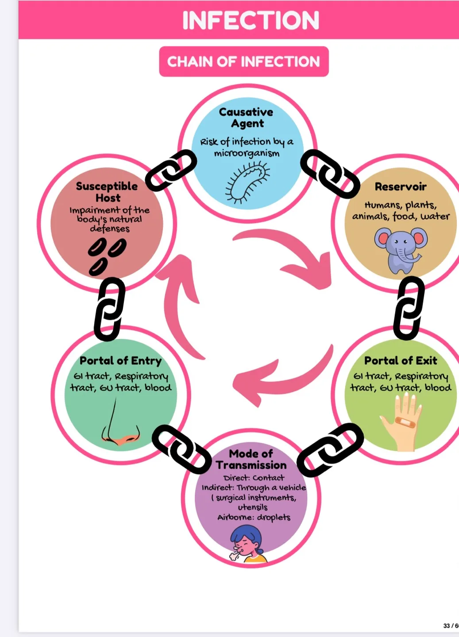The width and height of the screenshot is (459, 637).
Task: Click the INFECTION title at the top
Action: (x=251, y=20)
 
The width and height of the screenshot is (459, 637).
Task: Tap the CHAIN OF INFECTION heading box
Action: (x=243, y=61)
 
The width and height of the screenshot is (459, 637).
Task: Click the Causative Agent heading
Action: (x=247, y=118)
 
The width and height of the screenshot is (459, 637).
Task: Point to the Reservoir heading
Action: (x=401, y=187)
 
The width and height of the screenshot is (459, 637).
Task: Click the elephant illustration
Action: (x=401, y=249)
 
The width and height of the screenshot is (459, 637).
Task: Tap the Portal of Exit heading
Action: (x=401, y=361)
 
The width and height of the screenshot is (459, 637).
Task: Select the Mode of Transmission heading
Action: (x=251, y=459)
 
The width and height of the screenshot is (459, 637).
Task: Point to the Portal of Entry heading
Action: (x=120, y=361)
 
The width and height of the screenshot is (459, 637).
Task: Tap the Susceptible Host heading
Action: (x=107, y=192)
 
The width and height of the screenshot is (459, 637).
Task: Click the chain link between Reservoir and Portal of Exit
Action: (x=409, y=308)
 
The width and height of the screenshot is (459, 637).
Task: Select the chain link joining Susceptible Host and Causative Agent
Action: (x=171, y=170)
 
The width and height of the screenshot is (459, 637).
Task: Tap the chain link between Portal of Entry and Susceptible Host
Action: (x=109, y=309)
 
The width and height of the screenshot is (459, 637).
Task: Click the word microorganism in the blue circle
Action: (x=247, y=153)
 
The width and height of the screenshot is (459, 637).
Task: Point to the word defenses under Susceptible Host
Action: (x=110, y=229)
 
